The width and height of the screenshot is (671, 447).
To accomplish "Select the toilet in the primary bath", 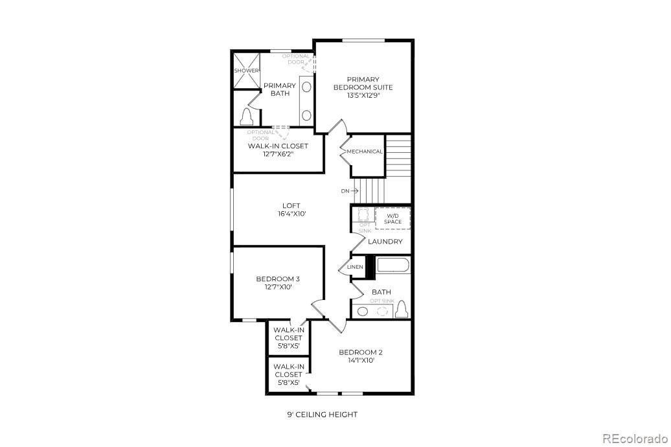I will [246, 117].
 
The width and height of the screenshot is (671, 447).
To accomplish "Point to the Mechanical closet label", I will [365, 152].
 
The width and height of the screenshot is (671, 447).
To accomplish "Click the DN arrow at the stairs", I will [350, 191].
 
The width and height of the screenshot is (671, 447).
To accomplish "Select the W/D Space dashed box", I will [393, 218].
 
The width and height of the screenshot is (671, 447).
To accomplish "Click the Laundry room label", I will [385, 242].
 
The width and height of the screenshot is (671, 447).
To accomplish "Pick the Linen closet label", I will [355, 267].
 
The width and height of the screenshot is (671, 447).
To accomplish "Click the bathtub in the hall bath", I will [392, 266].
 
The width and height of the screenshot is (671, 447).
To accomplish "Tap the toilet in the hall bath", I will [402, 310].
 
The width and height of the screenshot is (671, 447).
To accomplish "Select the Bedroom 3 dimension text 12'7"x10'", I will [278, 286].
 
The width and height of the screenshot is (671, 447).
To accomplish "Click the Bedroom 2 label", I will [361, 352].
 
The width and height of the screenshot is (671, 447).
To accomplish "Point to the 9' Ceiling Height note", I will [323, 415].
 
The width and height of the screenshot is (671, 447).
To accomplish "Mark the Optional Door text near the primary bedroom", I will [295, 59].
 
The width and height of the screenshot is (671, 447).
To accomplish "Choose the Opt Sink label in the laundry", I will [365, 227].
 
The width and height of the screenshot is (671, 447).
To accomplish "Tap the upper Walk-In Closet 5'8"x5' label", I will [288, 338].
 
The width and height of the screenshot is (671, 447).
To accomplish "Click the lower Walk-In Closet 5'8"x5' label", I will [288, 374].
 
